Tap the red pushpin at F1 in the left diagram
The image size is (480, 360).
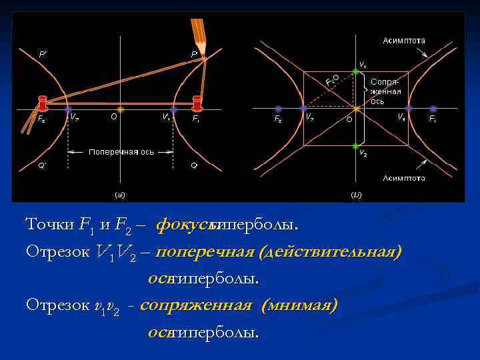[197, 103]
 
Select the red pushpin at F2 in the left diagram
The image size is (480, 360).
[43, 103]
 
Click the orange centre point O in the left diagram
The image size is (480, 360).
[120, 108]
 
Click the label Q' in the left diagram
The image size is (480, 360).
[41, 166]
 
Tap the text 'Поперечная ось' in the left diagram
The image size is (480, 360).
[121, 152]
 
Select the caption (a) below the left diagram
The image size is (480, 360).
[120, 195]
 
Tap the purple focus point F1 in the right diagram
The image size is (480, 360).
[433, 108]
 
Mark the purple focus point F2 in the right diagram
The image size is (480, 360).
[278, 108]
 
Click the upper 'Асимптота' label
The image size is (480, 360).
[404, 41]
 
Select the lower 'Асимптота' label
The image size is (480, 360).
[404, 178]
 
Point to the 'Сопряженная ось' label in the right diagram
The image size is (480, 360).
[386, 91]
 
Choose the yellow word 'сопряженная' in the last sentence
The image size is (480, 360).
[196, 305]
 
